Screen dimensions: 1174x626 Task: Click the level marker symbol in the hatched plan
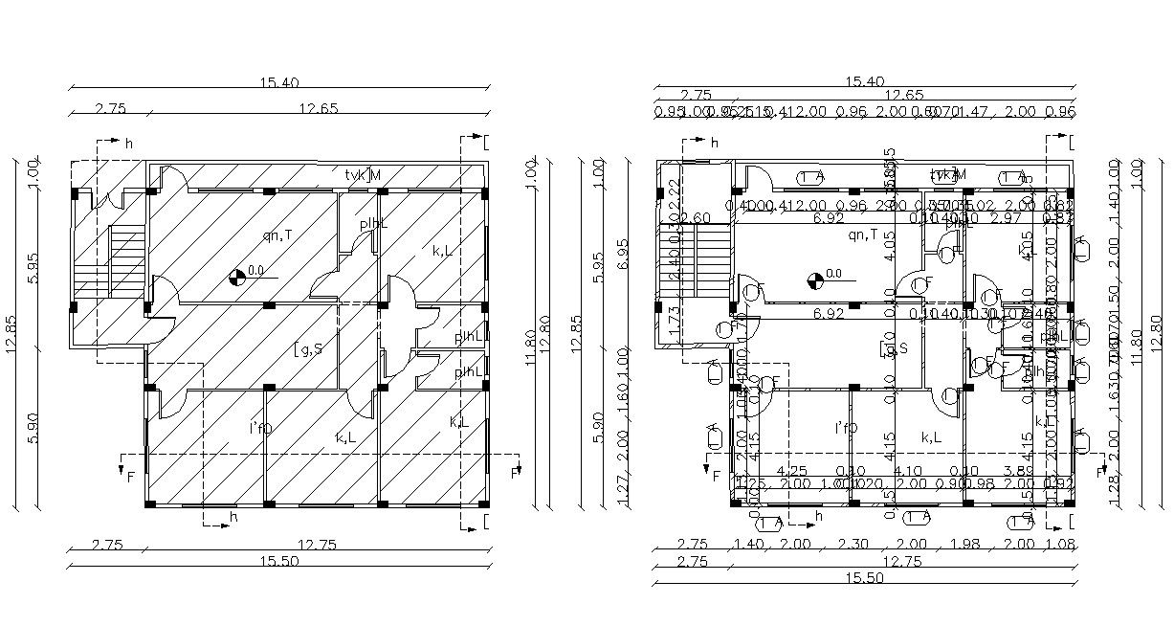click(x=236, y=279)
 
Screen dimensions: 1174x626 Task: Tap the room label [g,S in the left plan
click(x=308, y=348)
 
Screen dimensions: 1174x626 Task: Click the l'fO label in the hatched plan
click(x=260, y=428)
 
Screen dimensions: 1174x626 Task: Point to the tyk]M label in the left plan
click(x=364, y=175)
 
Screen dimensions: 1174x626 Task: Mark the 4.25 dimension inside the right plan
click(x=791, y=471)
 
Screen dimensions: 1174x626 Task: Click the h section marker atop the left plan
click(x=128, y=143)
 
